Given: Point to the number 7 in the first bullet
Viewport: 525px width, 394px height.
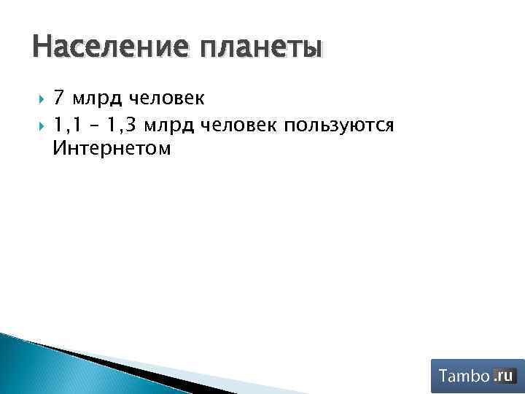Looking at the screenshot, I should [60, 98].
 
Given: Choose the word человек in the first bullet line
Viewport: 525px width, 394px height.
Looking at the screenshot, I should [168, 98].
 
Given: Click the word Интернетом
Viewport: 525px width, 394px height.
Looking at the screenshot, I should [112, 150].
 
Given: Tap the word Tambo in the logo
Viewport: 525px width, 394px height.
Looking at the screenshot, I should [464, 376].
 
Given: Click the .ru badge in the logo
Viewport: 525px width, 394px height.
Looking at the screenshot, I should [504, 376].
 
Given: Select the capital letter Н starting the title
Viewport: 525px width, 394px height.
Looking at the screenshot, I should [42, 47].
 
